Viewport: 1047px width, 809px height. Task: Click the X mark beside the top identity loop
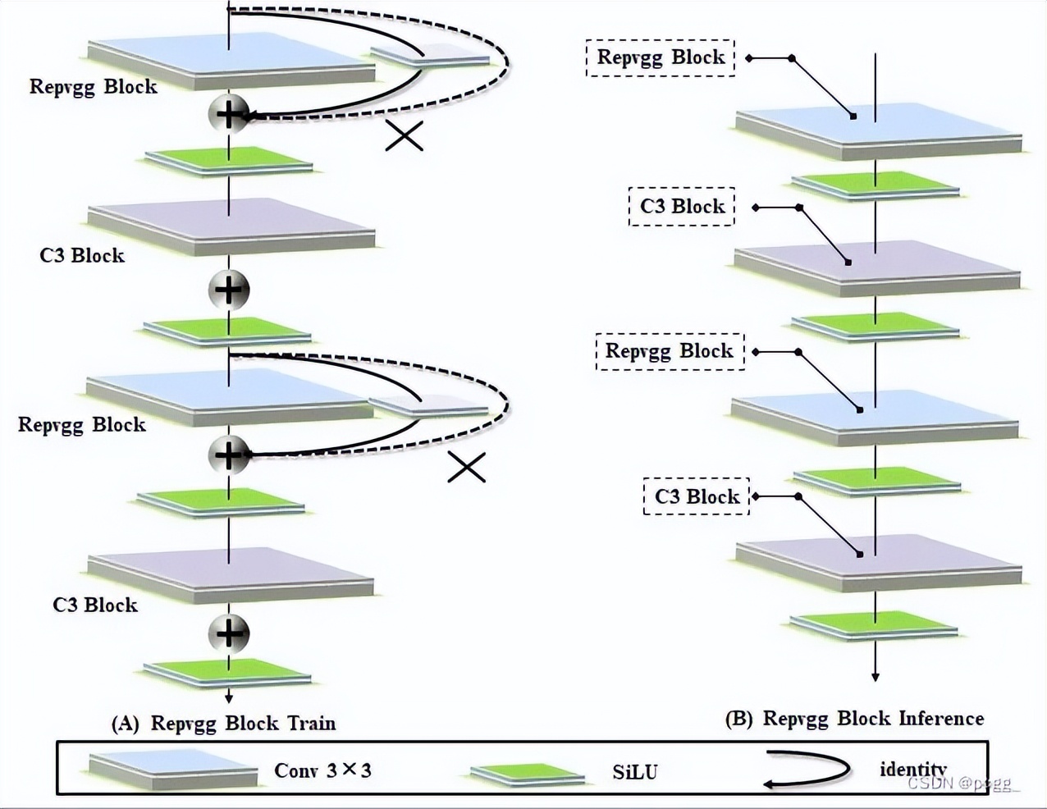405,136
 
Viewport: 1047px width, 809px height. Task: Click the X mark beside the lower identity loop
467,468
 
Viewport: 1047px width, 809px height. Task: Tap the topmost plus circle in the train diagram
229,113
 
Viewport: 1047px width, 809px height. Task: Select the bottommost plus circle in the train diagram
229,633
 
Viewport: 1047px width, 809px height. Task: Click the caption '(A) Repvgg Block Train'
224,723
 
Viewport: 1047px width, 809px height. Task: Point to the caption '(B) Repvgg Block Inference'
854,719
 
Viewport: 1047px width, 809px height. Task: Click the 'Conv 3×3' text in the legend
322,770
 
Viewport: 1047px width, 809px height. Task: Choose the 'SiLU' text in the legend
634,772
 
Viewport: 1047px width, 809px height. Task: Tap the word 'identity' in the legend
912,769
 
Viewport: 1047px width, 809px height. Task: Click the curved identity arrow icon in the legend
807,770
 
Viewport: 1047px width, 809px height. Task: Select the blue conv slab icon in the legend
173,770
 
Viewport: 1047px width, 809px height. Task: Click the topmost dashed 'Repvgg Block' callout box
661,57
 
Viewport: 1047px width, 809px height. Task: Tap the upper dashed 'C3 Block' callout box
682,206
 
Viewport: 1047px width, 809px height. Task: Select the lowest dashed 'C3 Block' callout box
696,496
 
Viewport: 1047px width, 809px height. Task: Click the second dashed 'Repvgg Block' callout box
670,351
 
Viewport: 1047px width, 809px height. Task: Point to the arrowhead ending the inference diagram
876,676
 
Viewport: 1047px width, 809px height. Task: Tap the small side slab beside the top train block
430,57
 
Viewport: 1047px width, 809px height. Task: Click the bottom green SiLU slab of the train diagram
227,673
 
